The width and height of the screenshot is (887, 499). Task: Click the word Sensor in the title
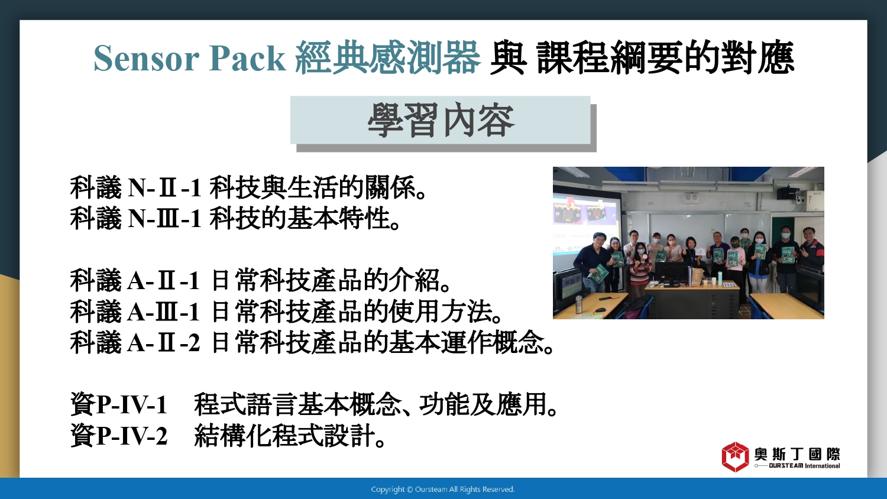(146, 59)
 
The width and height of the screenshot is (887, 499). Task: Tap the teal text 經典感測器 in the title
(388, 58)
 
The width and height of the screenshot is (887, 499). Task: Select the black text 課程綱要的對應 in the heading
(666, 58)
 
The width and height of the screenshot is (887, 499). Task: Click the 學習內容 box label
(441, 120)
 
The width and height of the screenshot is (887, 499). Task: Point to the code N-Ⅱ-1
(164, 188)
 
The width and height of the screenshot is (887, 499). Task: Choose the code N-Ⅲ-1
(164, 219)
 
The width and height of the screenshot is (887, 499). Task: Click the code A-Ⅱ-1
(163, 281)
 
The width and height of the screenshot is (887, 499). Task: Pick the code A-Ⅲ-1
(163, 312)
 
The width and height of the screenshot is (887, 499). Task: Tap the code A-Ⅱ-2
(163, 342)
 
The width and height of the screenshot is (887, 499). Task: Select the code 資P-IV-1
(119, 405)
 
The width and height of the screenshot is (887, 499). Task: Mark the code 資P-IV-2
(119, 436)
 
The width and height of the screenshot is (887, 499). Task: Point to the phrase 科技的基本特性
(300, 219)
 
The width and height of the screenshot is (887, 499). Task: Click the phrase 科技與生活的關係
(313, 188)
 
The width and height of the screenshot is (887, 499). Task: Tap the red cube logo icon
(735, 457)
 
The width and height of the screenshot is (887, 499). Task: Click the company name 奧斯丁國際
(797, 454)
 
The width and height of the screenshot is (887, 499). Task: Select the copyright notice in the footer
(443, 490)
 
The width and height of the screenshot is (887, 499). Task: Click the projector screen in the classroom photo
(586, 224)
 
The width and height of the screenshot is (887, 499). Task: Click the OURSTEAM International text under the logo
(804, 466)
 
